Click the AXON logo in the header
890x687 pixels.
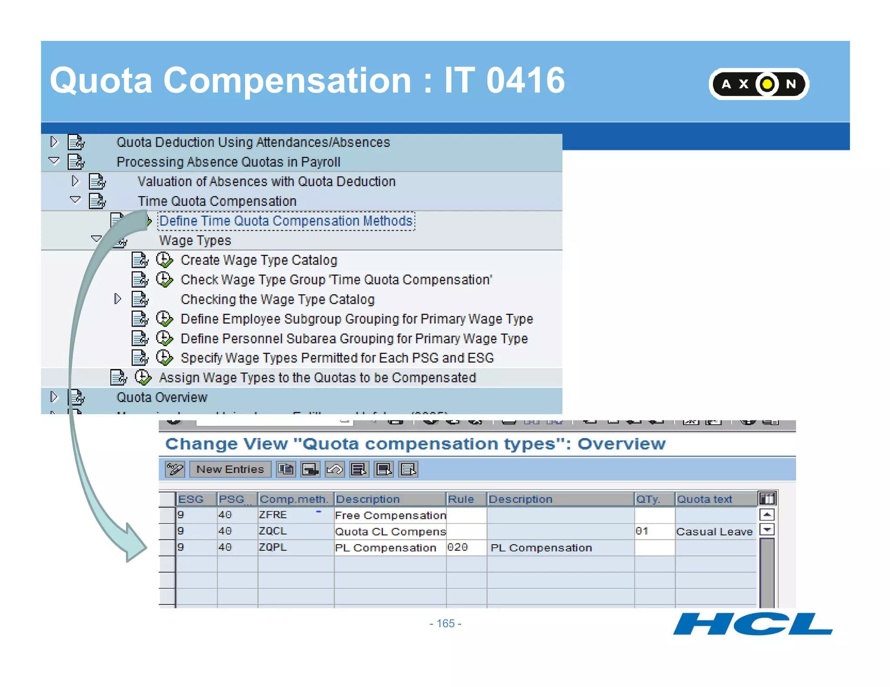tap(758, 84)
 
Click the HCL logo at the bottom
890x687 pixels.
tap(752, 624)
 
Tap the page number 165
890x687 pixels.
tap(445, 624)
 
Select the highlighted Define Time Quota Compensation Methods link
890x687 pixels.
tap(286, 221)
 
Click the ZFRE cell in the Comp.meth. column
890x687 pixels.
tap(273, 515)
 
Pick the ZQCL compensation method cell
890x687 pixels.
tap(273, 531)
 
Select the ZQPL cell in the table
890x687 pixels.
tap(273, 547)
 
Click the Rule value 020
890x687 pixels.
tap(458, 547)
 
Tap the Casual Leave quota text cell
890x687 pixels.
tap(714, 532)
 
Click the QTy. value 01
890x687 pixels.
tap(642, 531)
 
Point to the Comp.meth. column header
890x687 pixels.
tap(294, 499)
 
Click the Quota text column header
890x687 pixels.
tap(704, 499)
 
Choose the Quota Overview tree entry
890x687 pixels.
tap(162, 397)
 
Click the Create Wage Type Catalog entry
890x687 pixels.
tap(259, 260)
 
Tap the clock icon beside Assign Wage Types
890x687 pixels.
tap(143, 377)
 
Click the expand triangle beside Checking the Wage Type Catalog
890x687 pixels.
tap(117, 299)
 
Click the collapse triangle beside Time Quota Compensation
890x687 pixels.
tap(75, 200)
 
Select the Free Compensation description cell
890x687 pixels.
tap(390, 515)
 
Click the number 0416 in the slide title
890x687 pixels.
tap(525, 80)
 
